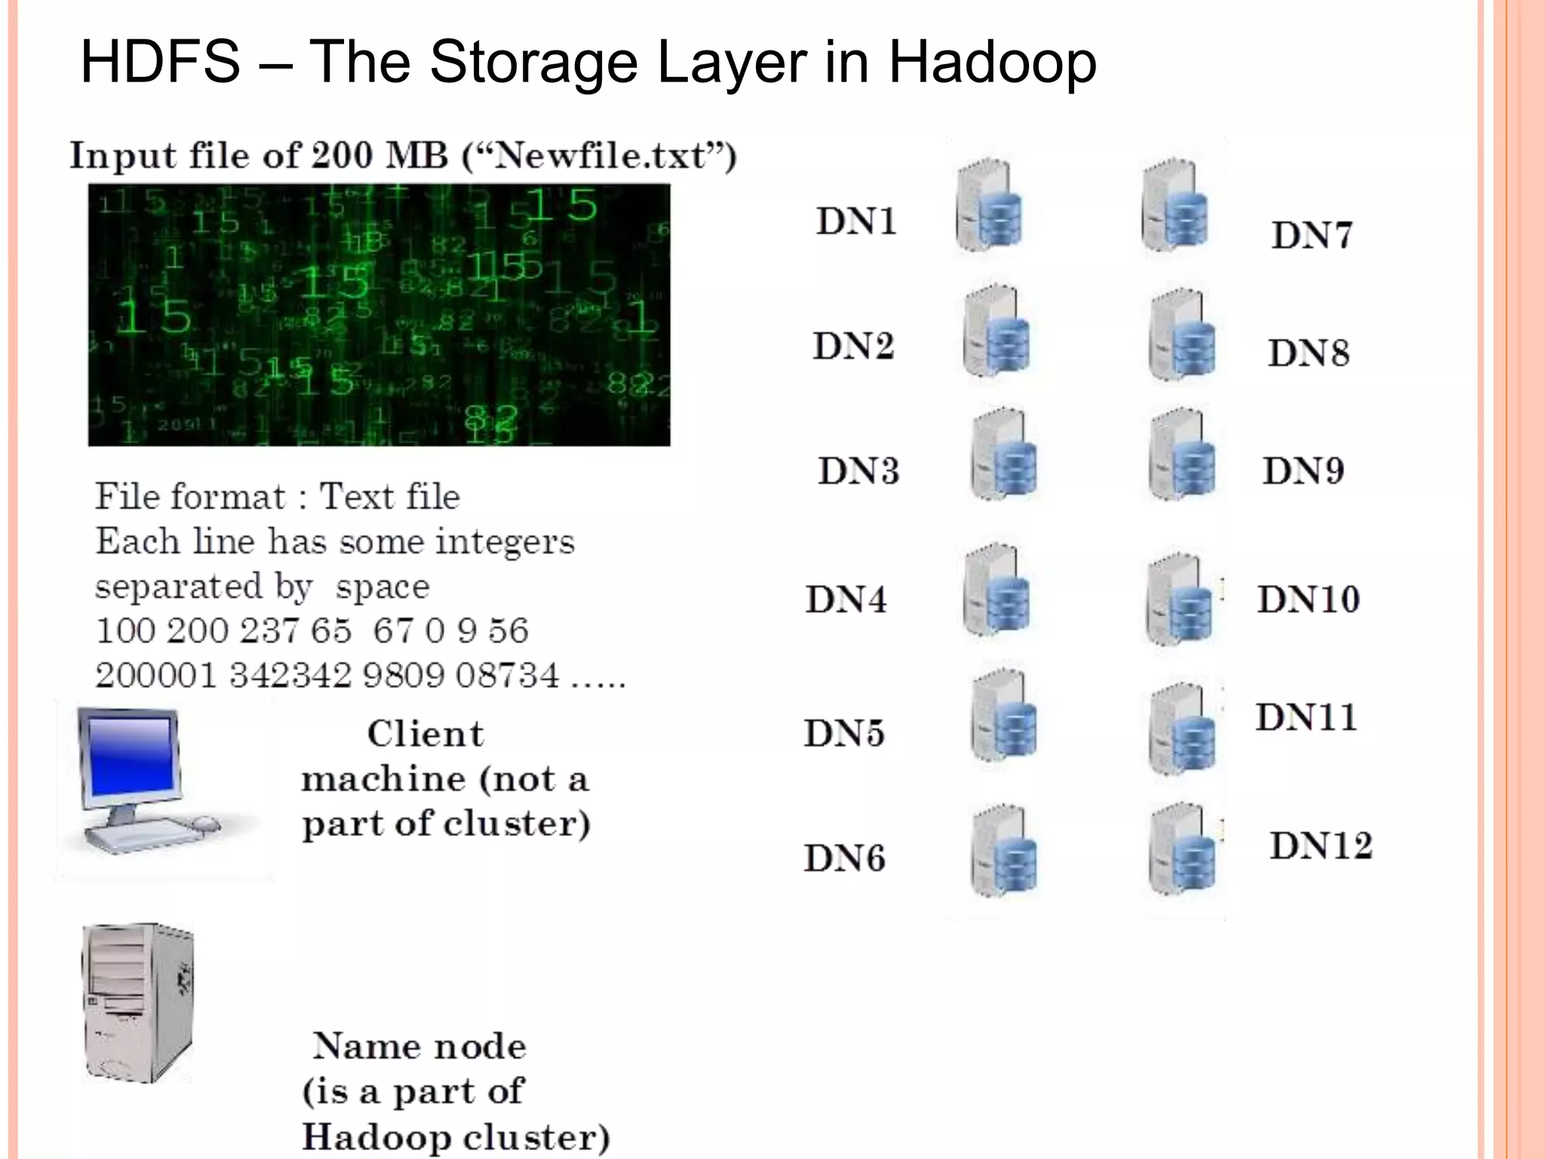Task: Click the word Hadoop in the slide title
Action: coord(991,63)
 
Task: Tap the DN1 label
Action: coord(856,222)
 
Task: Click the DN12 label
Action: coord(1320,846)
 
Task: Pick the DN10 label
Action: coord(1307,600)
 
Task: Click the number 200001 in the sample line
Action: coord(156,675)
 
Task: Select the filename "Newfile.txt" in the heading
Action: coord(599,156)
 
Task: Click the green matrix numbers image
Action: coord(379,315)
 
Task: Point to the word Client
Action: coord(425,734)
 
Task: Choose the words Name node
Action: coord(419,1047)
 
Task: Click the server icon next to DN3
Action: coord(1004,455)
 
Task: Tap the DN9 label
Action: coord(1303,471)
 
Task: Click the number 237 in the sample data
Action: coord(258,631)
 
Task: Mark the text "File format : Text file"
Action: coord(277,497)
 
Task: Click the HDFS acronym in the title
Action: coord(159,62)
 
